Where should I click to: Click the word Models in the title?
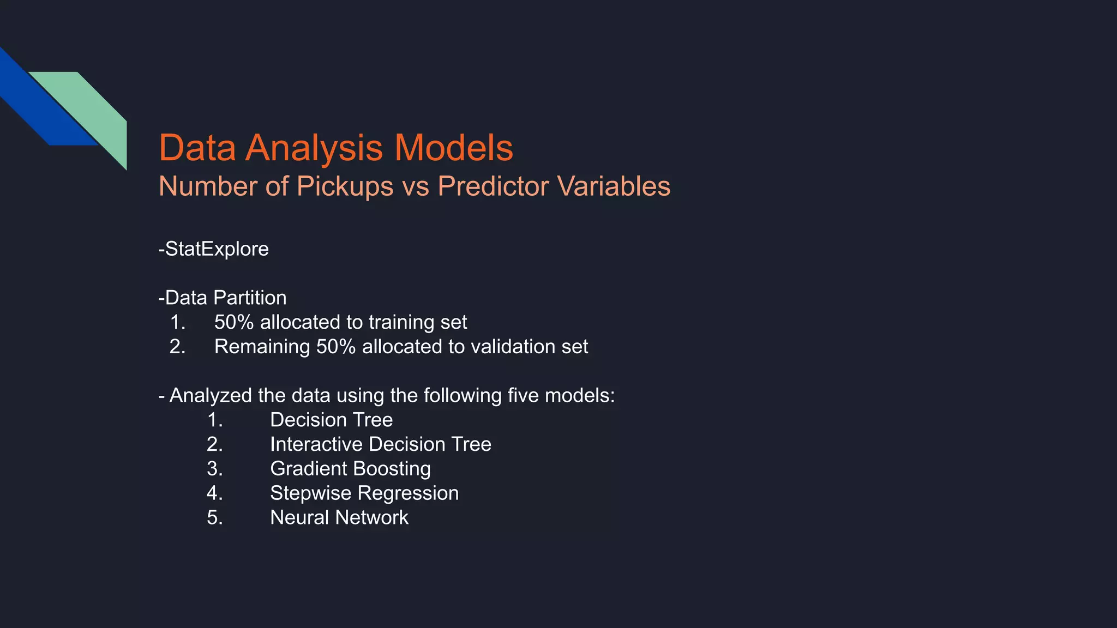tap(453, 148)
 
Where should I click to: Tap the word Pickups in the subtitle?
tap(345, 186)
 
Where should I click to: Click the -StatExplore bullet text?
tap(213, 249)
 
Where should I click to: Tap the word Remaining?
tap(262, 347)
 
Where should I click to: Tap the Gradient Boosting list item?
tap(350, 469)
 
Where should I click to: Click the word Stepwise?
tap(311, 493)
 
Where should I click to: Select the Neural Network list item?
tap(339, 518)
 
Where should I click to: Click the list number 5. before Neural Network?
tap(215, 518)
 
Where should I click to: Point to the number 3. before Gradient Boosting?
tap(215, 469)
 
